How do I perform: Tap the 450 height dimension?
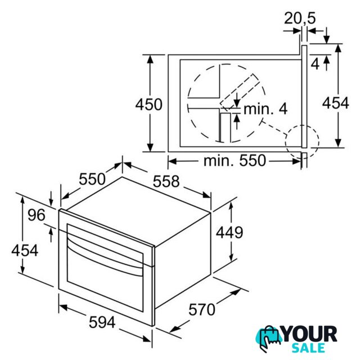148,105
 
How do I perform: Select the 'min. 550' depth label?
234,160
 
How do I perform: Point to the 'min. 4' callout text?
265,109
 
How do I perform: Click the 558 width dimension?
166,181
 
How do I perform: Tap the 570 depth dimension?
202,309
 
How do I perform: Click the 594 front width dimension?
102,322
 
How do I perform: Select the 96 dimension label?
37,215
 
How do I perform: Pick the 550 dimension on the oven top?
92,179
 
